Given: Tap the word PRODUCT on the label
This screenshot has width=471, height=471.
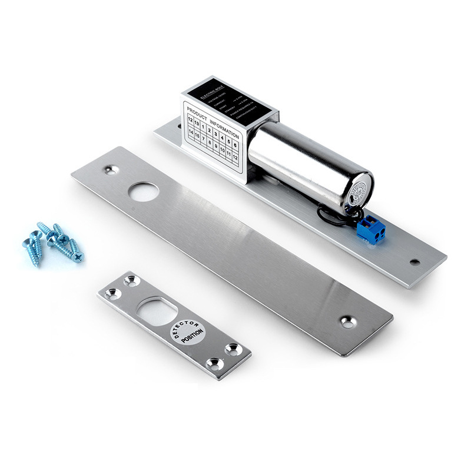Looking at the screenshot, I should pyautogui.click(x=197, y=111).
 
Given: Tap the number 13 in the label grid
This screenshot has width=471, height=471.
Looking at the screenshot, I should pyautogui.click(x=196, y=123).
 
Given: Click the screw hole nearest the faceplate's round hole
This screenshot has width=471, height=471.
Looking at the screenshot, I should pyautogui.click(x=111, y=170).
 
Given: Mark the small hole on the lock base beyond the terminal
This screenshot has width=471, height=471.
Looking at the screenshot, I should pyautogui.click(x=415, y=261).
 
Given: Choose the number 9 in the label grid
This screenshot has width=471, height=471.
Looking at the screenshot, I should pyautogui.click(x=216, y=147).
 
